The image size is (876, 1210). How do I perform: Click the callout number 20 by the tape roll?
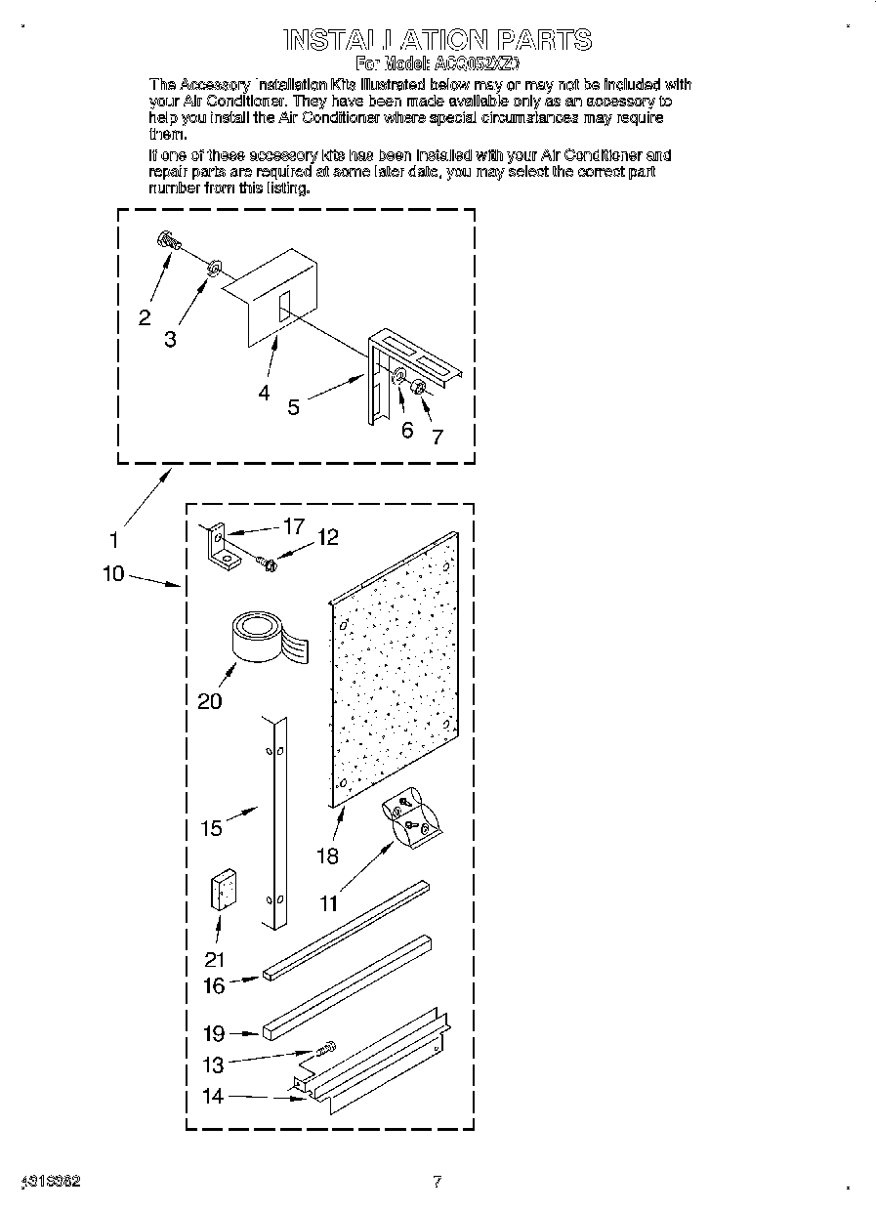coord(210,700)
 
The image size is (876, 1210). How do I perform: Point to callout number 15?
coord(211,828)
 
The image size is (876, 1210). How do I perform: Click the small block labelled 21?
coord(224,890)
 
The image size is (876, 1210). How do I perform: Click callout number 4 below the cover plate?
coord(264,393)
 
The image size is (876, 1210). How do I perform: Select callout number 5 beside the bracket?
coord(294,406)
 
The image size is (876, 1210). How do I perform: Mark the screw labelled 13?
coord(325,1049)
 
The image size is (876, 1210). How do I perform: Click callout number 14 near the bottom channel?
coord(213,1096)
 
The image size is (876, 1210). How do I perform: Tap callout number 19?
coord(213,1033)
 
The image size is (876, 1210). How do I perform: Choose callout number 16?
coord(213,985)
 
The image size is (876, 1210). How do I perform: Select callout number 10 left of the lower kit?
coord(113,573)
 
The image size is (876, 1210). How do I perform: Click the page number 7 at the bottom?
coord(438,1182)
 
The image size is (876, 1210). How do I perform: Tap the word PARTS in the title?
coord(544,40)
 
